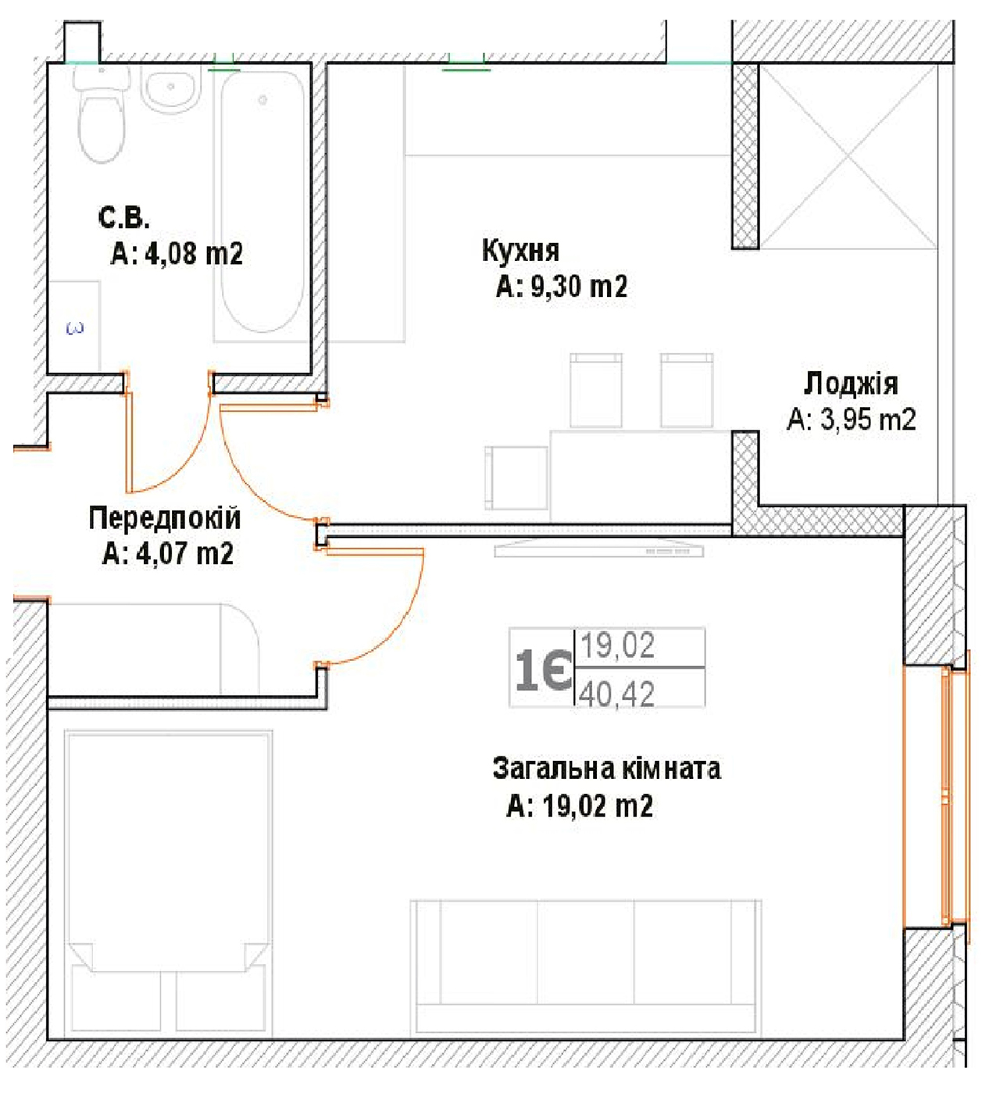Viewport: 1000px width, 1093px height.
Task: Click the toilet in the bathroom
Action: tap(102, 113)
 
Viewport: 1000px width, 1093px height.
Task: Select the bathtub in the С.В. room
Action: tap(262, 202)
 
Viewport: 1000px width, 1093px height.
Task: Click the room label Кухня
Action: tap(520, 251)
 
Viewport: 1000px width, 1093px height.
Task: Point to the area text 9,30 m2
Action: tap(579, 287)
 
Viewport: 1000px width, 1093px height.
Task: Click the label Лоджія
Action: tap(851, 384)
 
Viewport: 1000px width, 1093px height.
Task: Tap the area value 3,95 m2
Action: tap(867, 420)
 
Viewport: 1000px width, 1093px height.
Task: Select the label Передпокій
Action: tap(164, 518)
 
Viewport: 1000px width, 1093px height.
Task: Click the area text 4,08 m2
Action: tap(194, 254)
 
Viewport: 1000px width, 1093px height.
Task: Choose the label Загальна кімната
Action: tap(606, 768)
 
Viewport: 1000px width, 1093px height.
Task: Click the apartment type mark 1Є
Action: tap(543, 670)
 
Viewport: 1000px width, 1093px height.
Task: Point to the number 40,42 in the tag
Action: tap(616, 694)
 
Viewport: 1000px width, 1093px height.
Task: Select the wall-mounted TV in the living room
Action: tap(599, 548)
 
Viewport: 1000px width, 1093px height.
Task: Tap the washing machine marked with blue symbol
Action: tap(74, 327)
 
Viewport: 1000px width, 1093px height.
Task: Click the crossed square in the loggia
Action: tap(848, 157)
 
